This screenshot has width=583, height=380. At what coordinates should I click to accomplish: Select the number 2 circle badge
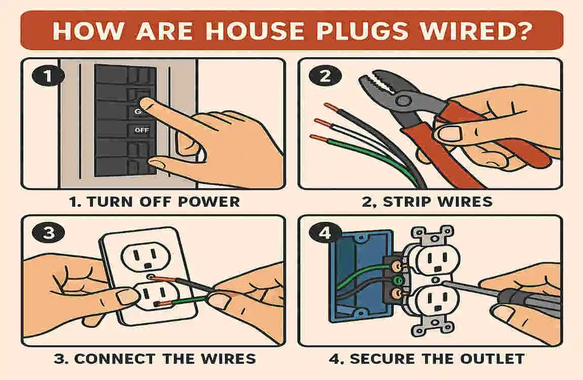pos(324,77)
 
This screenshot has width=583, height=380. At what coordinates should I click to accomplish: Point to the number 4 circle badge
pos(324,234)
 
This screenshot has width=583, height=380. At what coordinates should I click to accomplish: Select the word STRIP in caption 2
pos(409,202)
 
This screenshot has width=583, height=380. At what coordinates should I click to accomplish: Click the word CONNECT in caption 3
pos(116,359)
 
